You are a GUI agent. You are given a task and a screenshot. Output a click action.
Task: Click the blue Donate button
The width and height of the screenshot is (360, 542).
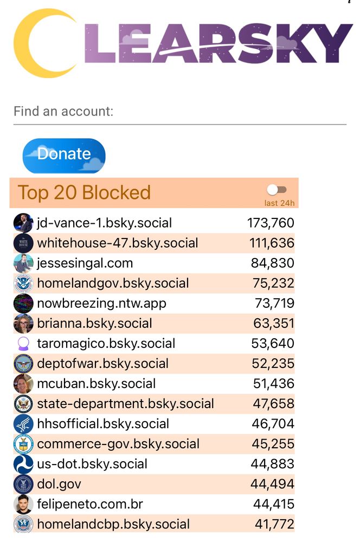[x=64, y=156]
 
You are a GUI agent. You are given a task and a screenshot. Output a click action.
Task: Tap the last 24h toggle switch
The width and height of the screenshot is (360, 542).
[x=277, y=190]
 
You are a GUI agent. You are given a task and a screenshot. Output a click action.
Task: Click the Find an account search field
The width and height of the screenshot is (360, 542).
[x=179, y=112]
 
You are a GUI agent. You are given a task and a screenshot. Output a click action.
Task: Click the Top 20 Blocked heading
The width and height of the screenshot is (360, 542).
[x=85, y=192]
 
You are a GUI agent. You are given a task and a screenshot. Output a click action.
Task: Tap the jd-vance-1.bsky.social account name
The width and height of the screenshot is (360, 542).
[x=104, y=223]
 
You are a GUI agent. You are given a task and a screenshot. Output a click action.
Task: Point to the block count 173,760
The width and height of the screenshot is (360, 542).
[x=271, y=223]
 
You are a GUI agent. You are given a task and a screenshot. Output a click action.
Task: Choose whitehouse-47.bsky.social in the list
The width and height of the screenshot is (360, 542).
[x=118, y=243]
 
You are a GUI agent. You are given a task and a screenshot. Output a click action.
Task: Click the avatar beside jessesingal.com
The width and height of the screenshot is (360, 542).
[x=23, y=263]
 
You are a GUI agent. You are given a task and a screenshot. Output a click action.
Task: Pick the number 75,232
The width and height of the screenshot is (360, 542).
[x=273, y=283]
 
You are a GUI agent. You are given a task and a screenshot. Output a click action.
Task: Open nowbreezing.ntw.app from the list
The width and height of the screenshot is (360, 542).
[x=101, y=303]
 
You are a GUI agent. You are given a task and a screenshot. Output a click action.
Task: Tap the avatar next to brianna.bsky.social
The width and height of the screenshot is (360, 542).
[x=23, y=323]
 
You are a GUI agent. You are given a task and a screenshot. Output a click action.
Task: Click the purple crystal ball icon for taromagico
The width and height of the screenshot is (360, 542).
[x=23, y=343]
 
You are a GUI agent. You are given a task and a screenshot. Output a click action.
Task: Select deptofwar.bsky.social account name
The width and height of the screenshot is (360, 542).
[x=102, y=363]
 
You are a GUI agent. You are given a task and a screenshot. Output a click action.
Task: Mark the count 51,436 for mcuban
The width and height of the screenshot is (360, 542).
[x=273, y=383]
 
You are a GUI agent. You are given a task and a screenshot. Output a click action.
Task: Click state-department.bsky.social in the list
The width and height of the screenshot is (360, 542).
[x=125, y=403]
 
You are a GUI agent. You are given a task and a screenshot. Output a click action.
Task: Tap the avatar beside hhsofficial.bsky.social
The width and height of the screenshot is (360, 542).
[x=23, y=423]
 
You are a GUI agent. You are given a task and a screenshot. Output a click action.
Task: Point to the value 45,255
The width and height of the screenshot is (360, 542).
[x=273, y=443]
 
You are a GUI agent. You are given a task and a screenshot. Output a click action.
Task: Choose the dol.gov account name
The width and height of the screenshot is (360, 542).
[x=59, y=483]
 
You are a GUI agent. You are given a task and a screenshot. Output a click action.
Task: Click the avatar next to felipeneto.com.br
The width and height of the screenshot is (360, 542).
[x=23, y=504]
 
